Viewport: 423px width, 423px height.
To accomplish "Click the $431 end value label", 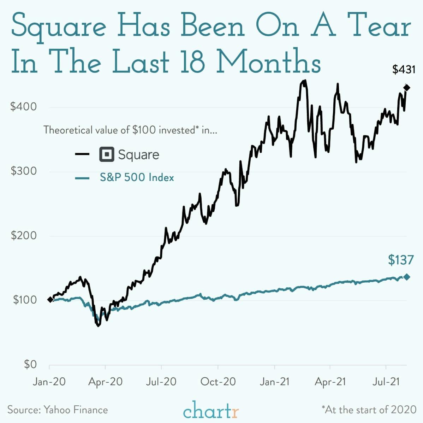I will (x=404, y=70).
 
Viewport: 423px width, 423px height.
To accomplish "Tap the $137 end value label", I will (x=400, y=260).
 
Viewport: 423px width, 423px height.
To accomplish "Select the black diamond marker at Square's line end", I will (x=406, y=88).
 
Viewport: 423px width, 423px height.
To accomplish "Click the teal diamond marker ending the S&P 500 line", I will (x=406, y=277).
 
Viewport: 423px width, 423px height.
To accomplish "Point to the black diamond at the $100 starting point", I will (x=50, y=300).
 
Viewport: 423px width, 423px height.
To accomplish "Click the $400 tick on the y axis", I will (x=23, y=107).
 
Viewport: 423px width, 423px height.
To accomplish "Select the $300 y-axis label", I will (x=23, y=171).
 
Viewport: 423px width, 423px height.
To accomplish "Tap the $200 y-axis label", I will (x=23, y=235).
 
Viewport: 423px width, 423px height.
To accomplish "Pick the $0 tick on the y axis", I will (x=30, y=364).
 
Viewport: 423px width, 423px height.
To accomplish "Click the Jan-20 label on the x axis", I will (x=49, y=382).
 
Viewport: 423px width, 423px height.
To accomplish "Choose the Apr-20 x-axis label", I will (x=105, y=382).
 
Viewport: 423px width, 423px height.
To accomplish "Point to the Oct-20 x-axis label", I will (x=218, y=382).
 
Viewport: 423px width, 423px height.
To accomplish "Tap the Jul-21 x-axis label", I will (x=386, y=382).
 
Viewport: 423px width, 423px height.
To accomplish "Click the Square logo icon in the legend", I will (x=107, y=155).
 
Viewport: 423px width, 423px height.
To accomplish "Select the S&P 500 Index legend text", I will (x=137, y=177).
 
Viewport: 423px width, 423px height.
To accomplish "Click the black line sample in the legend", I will (x=82, y=154).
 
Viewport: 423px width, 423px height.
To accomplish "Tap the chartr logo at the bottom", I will (x=211, y=411).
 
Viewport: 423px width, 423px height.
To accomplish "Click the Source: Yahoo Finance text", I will (x=58, y=410).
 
